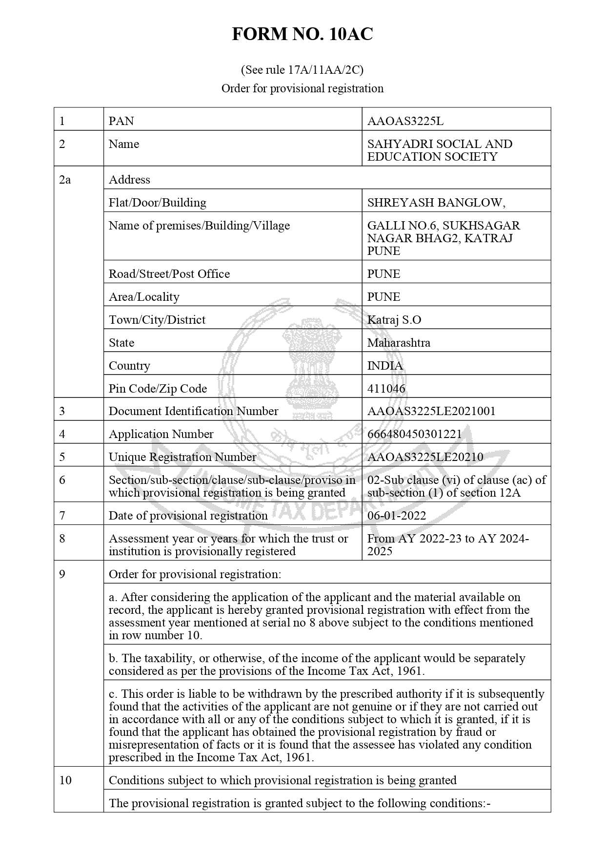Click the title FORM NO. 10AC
pos(302,34)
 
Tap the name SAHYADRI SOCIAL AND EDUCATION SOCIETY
pos(439,150)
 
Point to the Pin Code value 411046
pos(386,389)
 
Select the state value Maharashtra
pos(399,343)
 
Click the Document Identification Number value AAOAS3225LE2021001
pos(431,411)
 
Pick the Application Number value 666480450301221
pos(414,434)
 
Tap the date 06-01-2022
pos(396,516)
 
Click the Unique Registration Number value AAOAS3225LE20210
pos(425,457)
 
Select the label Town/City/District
pos(157,320)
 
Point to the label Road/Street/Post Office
pos(169,274)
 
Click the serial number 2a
pos(64,180)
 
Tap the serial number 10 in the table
pos(65,780)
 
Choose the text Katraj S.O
pos(394,320)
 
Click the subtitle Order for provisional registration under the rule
pos(302,88)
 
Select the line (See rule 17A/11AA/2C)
pos(302,70)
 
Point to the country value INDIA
pos(385,366)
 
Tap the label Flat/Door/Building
pos(157,203)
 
